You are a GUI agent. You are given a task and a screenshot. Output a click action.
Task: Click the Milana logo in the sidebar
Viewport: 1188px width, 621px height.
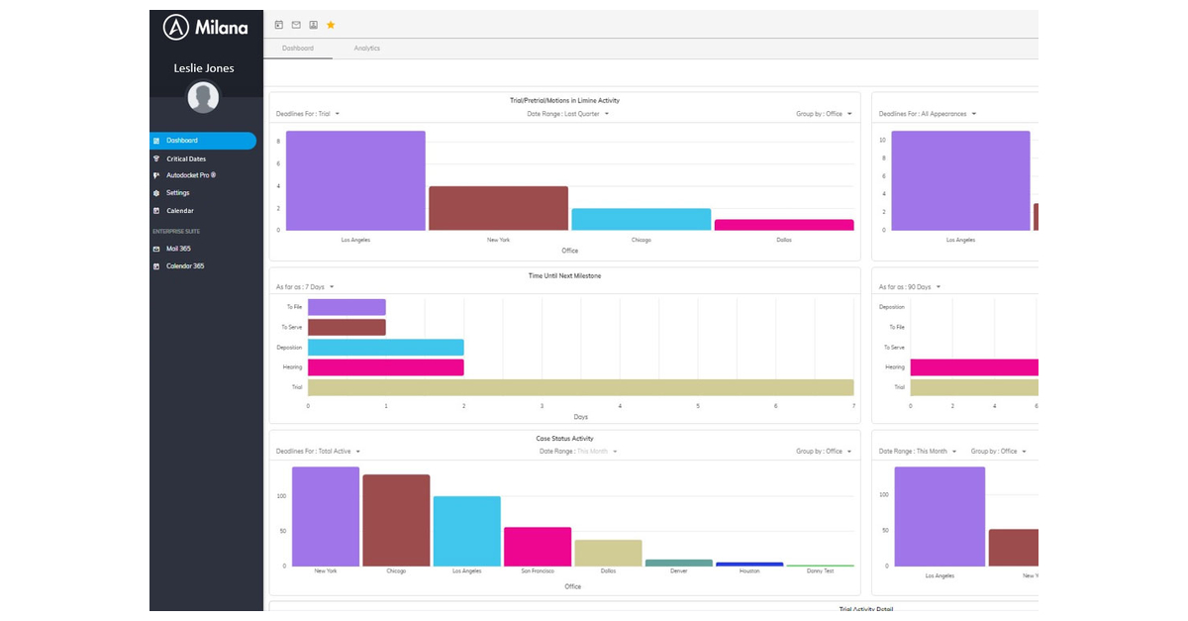205,28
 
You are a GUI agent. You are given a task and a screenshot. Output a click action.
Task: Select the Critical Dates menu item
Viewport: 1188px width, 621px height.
185,158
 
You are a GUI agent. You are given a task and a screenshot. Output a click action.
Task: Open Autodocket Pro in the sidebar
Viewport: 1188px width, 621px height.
190,175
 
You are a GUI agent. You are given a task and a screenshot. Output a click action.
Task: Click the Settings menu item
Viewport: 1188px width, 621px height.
177,193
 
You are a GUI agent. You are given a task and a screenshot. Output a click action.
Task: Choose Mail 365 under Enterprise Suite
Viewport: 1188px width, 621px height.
178,249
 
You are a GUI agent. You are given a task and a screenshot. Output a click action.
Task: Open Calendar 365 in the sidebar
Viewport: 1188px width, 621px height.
184,266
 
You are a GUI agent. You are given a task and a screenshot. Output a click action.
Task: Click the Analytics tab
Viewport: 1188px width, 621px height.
366,49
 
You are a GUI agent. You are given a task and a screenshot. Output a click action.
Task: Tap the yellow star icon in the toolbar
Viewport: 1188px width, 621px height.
331,25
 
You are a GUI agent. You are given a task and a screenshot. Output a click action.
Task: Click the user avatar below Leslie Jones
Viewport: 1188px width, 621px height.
203,97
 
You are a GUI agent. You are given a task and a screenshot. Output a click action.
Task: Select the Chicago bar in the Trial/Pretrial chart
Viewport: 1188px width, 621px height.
641,219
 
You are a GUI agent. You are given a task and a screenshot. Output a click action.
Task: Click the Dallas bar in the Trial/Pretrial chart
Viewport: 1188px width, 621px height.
783,225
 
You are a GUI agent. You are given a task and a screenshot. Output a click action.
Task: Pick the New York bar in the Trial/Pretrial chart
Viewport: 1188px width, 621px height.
498,208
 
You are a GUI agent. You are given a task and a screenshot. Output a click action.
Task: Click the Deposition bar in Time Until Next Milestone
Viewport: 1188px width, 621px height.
385,348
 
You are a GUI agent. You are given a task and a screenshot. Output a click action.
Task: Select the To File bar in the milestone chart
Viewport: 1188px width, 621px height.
346,307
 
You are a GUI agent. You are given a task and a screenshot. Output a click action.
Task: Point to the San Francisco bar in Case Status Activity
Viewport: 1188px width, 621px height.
538,547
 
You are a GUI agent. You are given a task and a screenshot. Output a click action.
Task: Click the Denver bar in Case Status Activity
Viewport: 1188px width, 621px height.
678,563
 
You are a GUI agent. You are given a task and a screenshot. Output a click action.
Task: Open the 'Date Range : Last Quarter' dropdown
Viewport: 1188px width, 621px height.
567,114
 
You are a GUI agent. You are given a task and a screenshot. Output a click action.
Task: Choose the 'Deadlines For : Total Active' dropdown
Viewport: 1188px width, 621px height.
318,452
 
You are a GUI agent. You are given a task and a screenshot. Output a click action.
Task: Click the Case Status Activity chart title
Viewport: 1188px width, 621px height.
563,439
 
